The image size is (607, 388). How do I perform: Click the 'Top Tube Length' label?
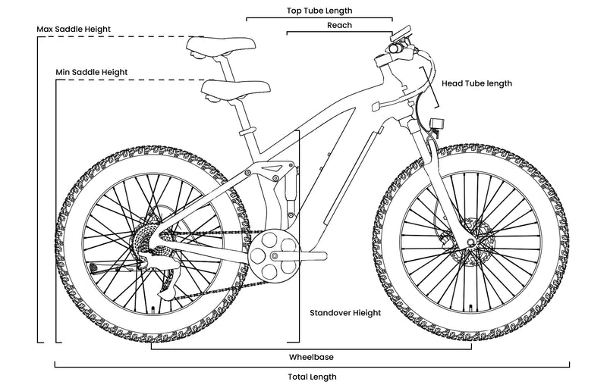click(x=319, y=11)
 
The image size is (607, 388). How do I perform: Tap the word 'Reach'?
click(x=338, y=25)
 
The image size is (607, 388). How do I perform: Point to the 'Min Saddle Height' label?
click(x=91, y=72)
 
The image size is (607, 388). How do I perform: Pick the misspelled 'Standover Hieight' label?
click(x=345, y=312)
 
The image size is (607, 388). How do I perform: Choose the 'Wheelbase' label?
click(x=311, y=356)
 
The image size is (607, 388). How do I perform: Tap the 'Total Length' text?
click(x=312, y=377)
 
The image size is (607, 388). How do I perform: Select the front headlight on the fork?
click(x=436, y=124)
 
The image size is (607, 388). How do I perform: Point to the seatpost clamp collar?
click(x=247, y=133)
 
